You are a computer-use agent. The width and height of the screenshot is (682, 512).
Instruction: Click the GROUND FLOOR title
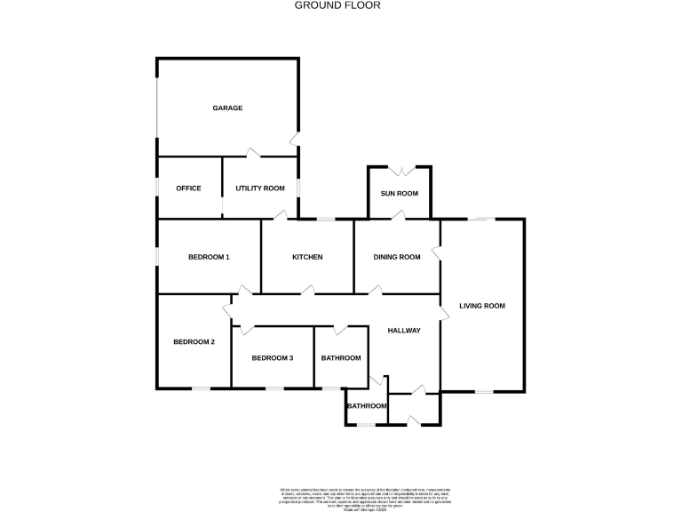pyautogui.click(x=337, y=5)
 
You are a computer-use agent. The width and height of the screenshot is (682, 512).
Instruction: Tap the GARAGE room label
pyautogui.click(x=227, y=108)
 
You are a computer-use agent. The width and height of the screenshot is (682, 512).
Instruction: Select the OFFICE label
pyautogui.click(x=188, y=188)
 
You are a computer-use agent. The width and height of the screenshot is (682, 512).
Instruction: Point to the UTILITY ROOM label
pyautogui.click(x=259, y=188)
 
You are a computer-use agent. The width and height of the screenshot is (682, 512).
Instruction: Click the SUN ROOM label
pyautogui.click(x=399, y=194)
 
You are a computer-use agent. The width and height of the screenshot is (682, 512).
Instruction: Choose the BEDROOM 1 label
pyautogui.click(x=209, y=258)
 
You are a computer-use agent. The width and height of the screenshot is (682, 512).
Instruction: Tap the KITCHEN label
pyautogui.click(x=307, y=258)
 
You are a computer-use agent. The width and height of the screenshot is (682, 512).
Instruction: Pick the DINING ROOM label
pyautogui.click(x=396, y=258)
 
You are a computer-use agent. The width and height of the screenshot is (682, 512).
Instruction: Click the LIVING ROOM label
pyautogui.click(x=481, y=306)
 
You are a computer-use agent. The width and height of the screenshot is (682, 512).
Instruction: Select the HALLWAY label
pyautogui.click(x=404, y=331)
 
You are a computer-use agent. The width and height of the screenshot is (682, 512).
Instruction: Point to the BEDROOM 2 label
pyautogui.click(x=194, y=342)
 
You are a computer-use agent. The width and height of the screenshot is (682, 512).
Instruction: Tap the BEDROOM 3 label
pyautogui.click(x=272, y=358)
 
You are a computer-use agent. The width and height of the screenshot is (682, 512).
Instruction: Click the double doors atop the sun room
pyautogui.click(x=399, y=169)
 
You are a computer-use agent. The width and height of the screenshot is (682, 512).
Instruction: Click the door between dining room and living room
pyautogui.click(x=436, y=252)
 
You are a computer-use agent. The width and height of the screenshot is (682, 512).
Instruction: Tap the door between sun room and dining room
pyautogui.click(x=399, y=214)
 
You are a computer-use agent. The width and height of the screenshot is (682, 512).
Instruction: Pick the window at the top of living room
pyautogui.click(x=483, y=219)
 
